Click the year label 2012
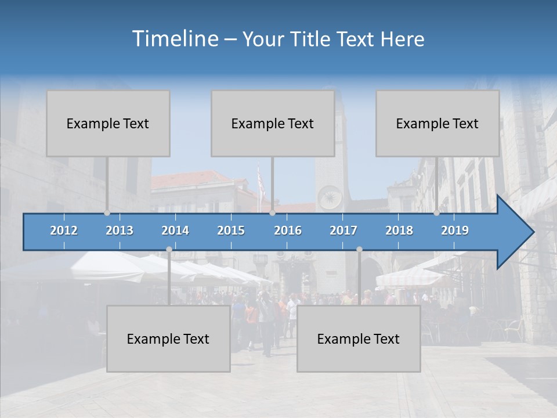pyautogui.click(x=64, y=230)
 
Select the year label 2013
pyautogui.click(x=120, y=230)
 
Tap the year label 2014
pyautogui.click(x=175, y=230)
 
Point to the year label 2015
pyautogui.click(x=231, y=230)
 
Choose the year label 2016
pyautogui.click(x=288, y=230)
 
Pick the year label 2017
pyautogui.click(x=343, y=230)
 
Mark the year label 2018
pyautogui.click(x=399, y=230)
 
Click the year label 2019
pyautogui.click(x=455, y=230)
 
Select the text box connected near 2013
pyautogui.click(x=108, y=124)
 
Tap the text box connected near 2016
pyautogui.click(x=273, y=124)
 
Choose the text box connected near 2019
pyautogui.click(x=437, y=124)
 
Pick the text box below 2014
pyautogui.click(x=168, y=339)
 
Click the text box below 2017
pyautogui.click(x=359, y=339)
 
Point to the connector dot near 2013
pyautogui.click(x=107, y=213)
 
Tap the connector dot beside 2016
pyautogui.click(x=272, y=213)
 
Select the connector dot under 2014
pyautogui.click(x=169, y=249)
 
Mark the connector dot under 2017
pyautogui.click(x=359, y=249)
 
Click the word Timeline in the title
pyautogui.click(x=175, y=38)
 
